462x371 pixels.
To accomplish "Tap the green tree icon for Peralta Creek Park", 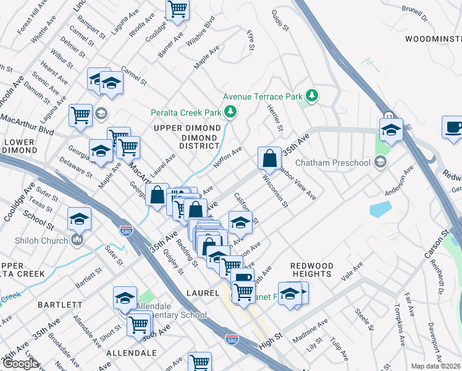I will [x=230, y=111].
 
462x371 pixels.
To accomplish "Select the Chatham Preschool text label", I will [x=340, y=163].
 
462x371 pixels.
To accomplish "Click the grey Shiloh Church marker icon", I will [x=77, y=239].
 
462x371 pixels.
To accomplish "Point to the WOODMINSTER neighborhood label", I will [x=433, y=38].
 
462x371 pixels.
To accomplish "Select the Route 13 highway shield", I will [x=388, y=116].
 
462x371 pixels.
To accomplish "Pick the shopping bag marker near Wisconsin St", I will [x=270, y=158].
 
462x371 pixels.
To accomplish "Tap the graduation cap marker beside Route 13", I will [x=391, y=130].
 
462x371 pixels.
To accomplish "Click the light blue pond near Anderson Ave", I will [x=380, y=210].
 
